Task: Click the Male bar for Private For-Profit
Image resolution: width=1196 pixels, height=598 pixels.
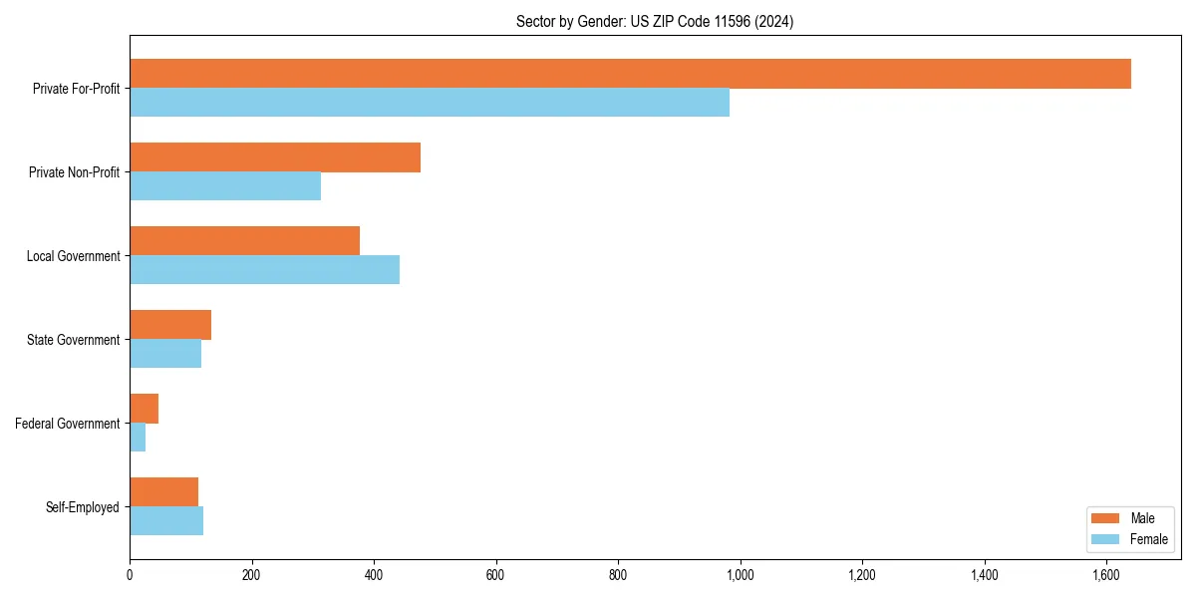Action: (630, 74)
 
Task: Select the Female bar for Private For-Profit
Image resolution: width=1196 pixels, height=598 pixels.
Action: (430, 103)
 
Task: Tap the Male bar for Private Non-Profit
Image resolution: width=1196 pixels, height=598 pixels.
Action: (275, 157)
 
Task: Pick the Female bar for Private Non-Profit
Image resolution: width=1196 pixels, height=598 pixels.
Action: (225, 186)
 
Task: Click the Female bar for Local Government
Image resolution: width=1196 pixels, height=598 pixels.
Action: (264, 270)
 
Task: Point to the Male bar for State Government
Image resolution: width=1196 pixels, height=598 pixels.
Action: (170, 325)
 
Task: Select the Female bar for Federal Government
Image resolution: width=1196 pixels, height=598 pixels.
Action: (138, 438)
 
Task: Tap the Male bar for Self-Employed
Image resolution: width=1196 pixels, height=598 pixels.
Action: (163, 492)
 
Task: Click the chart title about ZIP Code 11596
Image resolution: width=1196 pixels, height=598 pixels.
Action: (655, 21)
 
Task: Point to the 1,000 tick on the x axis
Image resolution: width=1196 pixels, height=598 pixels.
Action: (740, 575)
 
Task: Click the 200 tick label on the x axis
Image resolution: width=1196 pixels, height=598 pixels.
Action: (251, 575)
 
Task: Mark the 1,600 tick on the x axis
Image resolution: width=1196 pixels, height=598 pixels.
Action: (1106, 575)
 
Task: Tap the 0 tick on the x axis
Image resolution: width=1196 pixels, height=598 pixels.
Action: (130, 575)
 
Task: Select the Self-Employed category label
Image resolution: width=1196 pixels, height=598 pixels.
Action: (83, 507)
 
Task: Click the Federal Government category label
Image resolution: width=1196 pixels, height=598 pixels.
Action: (68, 424)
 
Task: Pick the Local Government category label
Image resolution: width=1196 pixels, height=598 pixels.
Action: (74, 256)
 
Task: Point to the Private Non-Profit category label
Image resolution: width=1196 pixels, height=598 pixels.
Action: (75, 172)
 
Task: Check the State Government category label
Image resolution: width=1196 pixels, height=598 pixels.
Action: (74, 340)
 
